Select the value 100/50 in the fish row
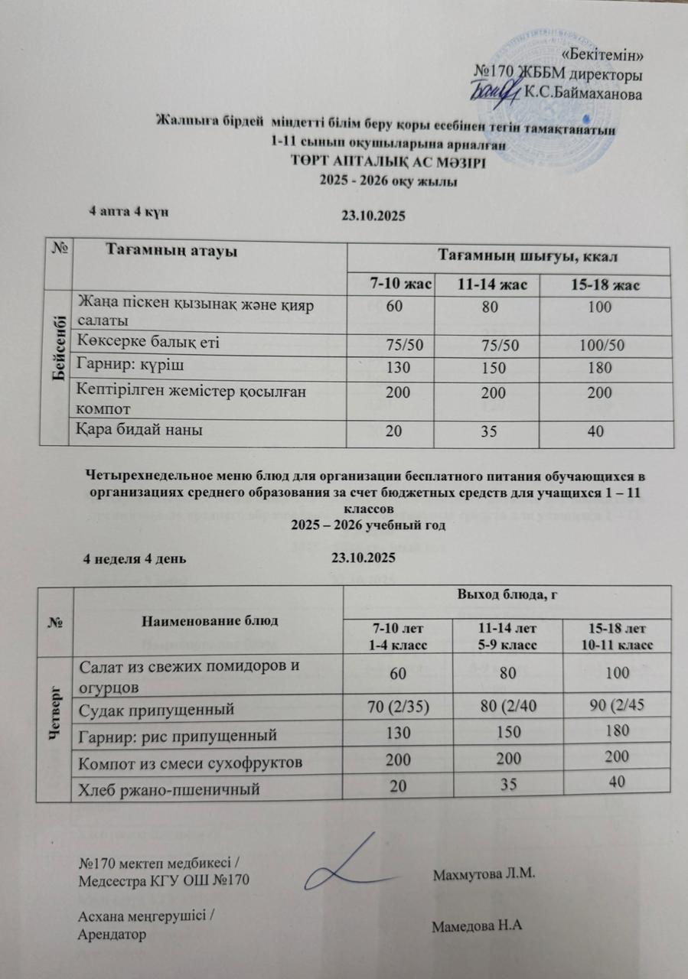point(604,345)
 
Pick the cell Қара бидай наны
point(139,431)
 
